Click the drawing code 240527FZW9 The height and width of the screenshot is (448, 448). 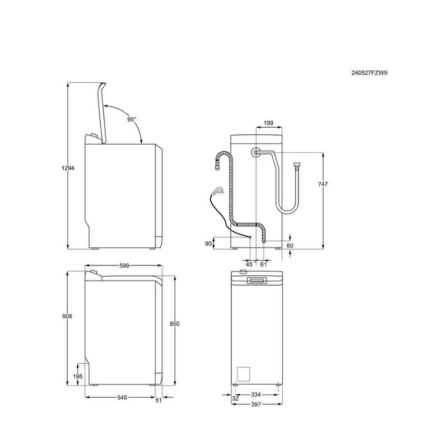tap(370, 73)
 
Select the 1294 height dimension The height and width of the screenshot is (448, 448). tap(68, 168)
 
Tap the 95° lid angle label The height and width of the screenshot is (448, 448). tap(132, 119)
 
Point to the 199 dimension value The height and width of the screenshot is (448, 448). tap(268, 123)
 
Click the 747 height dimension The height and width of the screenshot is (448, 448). tap(323, 184)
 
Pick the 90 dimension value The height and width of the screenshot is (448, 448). tap(208, 244)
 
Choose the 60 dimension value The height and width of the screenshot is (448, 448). tap(290, 246)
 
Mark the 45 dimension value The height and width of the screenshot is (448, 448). tap(249, 264)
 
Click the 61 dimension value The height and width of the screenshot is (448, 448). tap(263, 264)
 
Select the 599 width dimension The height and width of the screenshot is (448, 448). tap(124, 265)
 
